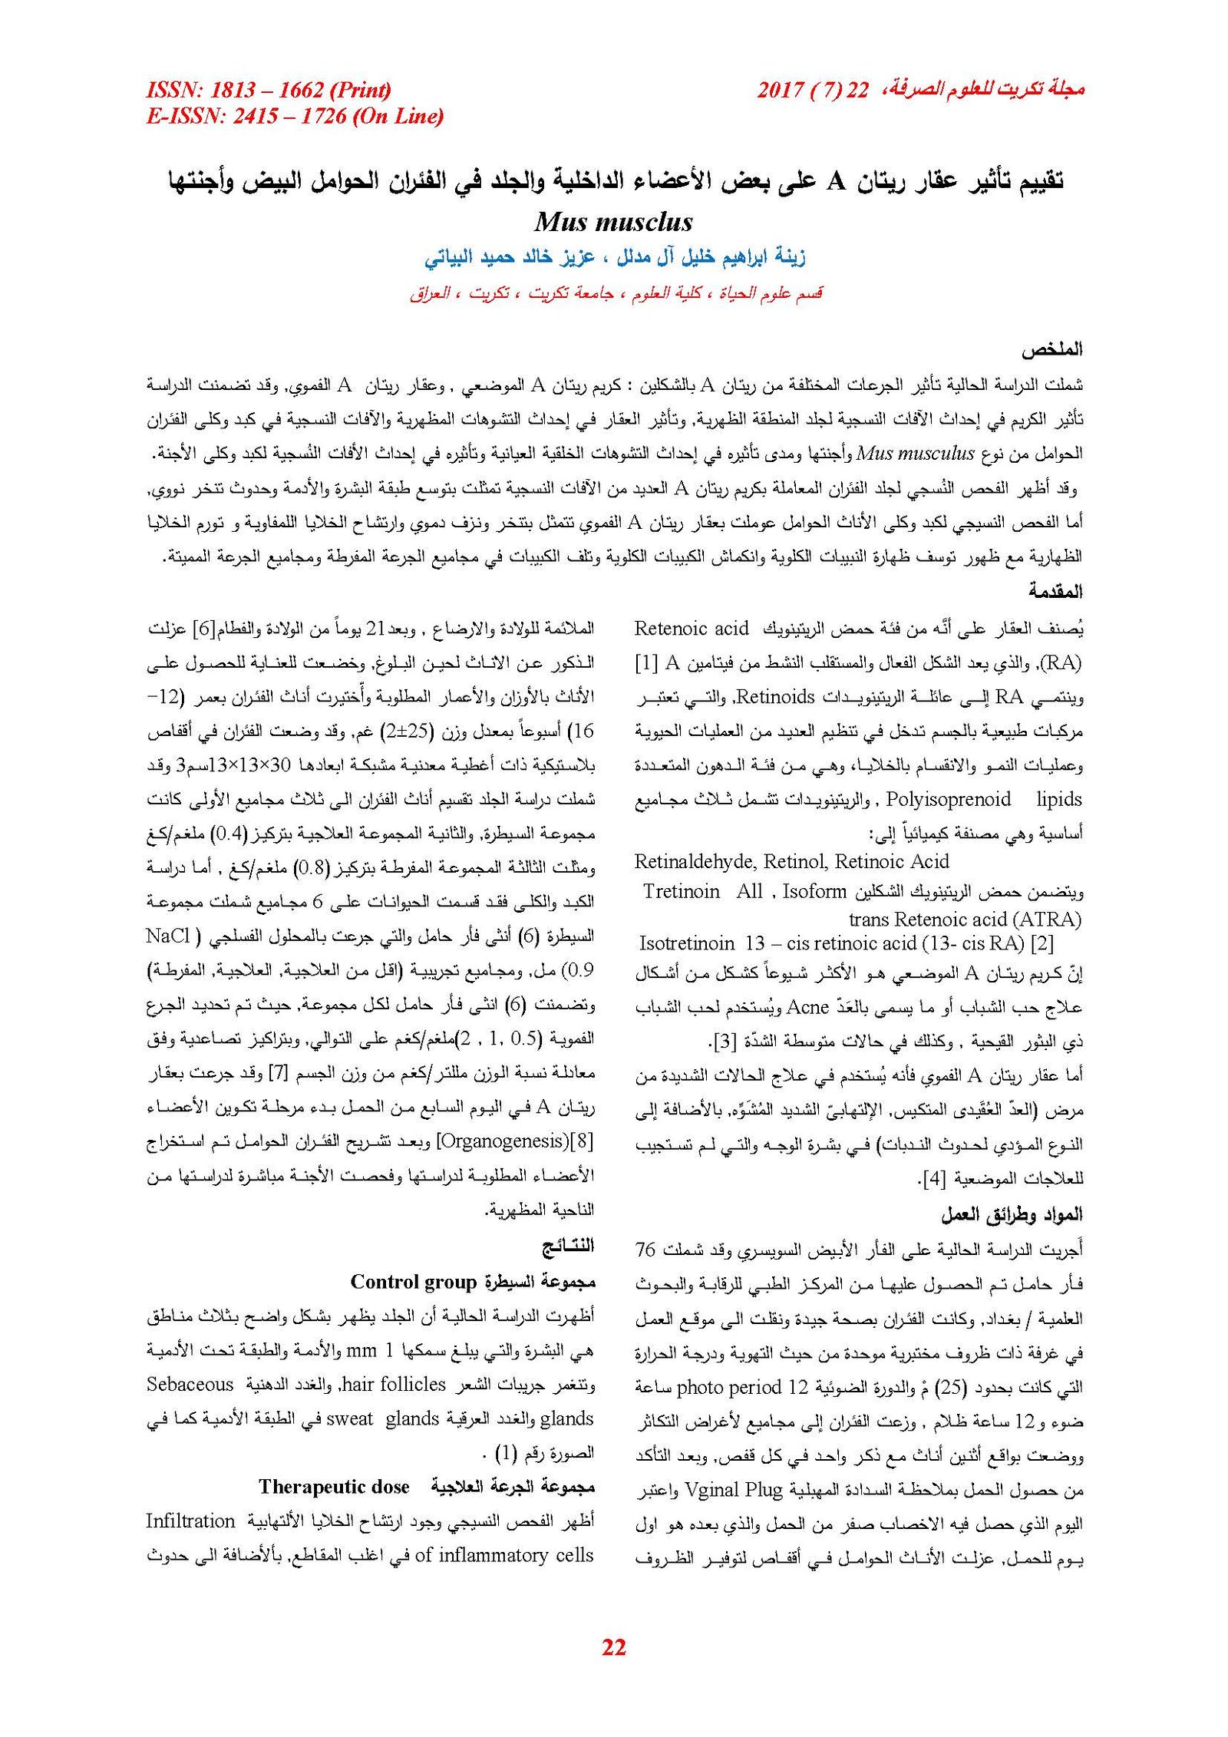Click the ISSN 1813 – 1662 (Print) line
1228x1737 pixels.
pyautogui.click(x=269, y=91)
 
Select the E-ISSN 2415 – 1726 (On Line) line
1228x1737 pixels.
pyautogui.click(x=295, y=117)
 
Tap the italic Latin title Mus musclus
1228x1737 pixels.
pyautogui.click(x=613, y=223)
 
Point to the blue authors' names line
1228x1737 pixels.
pyautogui.click(x=615, y=258)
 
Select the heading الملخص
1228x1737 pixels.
pyautogui.click(x=1051, y=350)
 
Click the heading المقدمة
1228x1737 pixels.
pyautogui.click(x=1055, y=591)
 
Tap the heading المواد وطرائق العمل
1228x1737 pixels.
pyautogui.click(x=1012, y=1214)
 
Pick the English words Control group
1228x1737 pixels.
pyautogui.click(x=414, y=1282)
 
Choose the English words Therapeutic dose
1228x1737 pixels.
pyautogui.click(x=334, y=1487)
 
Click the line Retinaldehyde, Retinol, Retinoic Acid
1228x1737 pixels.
pyautogui.click(x=791, y=861)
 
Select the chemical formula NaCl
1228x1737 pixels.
pyautogui.click(x=167, y=936)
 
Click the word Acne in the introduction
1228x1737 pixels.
pyautogui.click(x=808, y=1007)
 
